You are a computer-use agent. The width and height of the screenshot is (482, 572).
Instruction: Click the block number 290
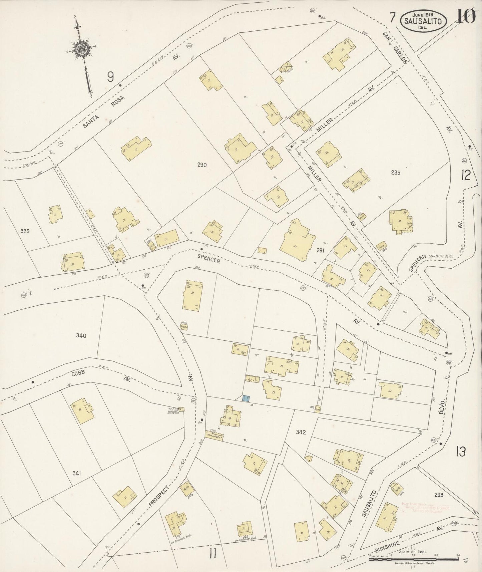(x=202, y=165)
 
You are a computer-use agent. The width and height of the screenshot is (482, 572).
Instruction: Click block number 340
(x=81, y=336)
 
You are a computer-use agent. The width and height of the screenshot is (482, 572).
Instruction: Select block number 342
(x=301, y=433)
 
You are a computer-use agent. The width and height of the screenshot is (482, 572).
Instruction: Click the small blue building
(x=246, y=398)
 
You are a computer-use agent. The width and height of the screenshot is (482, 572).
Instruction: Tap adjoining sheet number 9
(x=110, y=77)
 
